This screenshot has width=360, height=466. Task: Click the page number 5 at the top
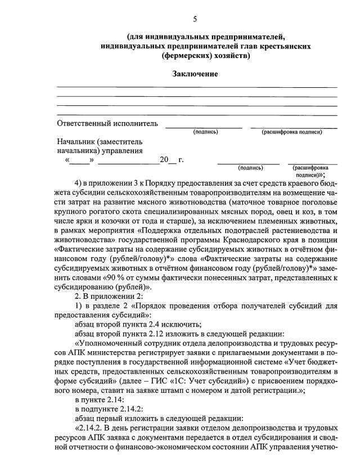195,19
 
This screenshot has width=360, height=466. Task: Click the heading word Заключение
195,74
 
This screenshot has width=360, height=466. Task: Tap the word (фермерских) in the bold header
181,56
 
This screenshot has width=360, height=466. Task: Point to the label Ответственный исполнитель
107,124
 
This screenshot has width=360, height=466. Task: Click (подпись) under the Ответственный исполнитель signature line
205,132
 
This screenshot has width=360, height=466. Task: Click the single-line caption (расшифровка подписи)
291,132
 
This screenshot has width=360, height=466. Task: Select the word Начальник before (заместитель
75,142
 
